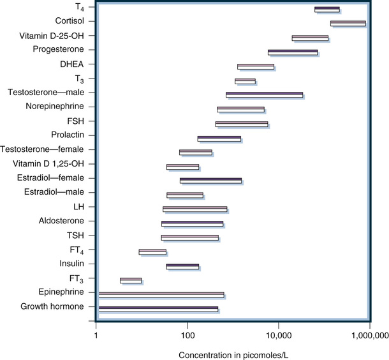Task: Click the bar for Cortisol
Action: [348, 24]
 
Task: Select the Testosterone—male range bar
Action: [265, 95]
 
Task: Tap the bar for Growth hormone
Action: [158, 310]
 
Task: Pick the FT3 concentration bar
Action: [131, 281]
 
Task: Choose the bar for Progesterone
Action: [293, 52]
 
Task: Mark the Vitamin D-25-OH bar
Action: [310, 38]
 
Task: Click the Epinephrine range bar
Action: [161, 295]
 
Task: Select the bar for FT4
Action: [152, 252]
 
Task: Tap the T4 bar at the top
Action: [327, 10]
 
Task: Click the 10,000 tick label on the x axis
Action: [278, 334]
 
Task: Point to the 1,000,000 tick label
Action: [370, 334]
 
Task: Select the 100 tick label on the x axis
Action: [187, 334]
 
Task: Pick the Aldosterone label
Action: [66, 221]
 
